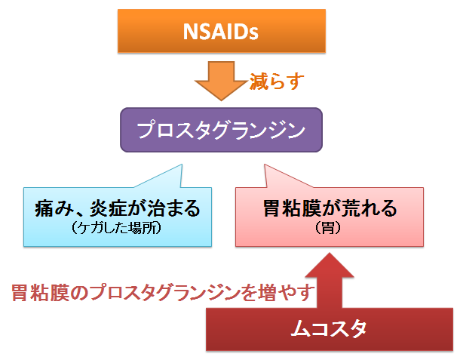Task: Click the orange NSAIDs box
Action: pyautogui.click(x=222, y=31)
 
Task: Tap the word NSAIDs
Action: pyautogui.click(x=221, y=32)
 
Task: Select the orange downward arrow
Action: pyautogui.click(x=221, y=81)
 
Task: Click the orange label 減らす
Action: pyautogui.click(x=276, y=81)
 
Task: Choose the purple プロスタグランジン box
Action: pyautogui.click(x=221, y=130)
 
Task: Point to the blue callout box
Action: pyautogui.click(x=118, y=217)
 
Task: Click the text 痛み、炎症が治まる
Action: pyautogui.click(x=118, y=208)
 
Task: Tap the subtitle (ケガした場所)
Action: pyautogui.click(x=116, y=228)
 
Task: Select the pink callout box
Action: pyautogui.click(x=329, y=217)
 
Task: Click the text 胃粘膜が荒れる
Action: pyautogui.click(x=330, y=208)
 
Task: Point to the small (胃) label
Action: pyautogui.click(x=328, y=228)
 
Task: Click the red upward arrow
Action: pyautogui.click(x=330, y=281)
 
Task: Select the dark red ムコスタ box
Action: pyautogui.click(x=330, y=329)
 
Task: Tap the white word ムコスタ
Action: pyautogui.click(x=329, y=329)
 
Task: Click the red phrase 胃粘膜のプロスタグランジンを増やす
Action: pyautogui.click(x=163, y=293)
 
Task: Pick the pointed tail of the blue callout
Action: pyautogui.click(x=182, y=165)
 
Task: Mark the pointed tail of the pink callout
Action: pyautogui.click(x=265, y=165)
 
